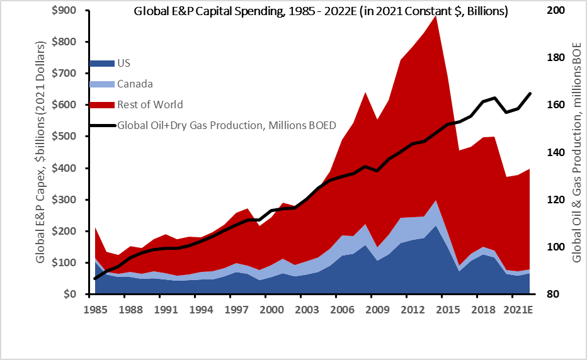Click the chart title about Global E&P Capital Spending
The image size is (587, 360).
tap(321, 11)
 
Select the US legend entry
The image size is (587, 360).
tap(123, 63)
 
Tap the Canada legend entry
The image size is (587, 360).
tap(134, 84)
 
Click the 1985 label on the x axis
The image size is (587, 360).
tap(94, 310)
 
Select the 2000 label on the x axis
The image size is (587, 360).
tap(270, 310)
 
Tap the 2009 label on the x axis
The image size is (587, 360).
tap(376, 310)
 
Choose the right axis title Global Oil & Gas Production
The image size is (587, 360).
tap(576, 152)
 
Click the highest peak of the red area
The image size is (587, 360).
tap(435, 15)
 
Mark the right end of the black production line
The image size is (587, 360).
tap(530, 93)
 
